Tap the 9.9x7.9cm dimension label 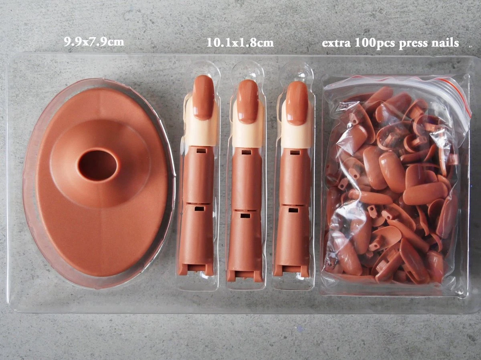(94, 42)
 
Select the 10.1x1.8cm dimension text (240, 43)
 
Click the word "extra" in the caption (336, 43)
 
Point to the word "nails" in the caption (445, 43)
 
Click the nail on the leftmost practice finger (203, 97)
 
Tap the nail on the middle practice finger (248, 102)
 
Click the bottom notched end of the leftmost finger (196, 269)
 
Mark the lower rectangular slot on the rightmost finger (293, 210)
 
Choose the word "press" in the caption (414, 44)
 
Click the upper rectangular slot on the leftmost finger (201, 151)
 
